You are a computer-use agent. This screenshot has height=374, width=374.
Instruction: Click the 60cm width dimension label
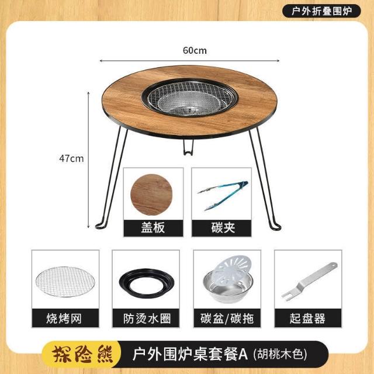(195, 50)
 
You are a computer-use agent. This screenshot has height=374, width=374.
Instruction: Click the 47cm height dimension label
(71, 158)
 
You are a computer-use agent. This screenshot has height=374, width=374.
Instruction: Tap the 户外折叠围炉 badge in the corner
(321, 11)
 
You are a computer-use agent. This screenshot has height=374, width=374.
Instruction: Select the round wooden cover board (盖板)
(151, 195)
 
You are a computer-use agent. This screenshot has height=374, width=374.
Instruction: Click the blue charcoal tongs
(223, 195)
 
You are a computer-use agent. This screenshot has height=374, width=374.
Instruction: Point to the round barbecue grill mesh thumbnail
(65, 282)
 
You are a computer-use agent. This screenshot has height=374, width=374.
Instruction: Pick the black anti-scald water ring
(147, 283)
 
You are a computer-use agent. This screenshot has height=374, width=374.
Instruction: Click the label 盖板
(153, 227)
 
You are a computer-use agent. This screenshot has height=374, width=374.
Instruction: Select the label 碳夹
(223, 227)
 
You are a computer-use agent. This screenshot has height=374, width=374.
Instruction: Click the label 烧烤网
(64, 318)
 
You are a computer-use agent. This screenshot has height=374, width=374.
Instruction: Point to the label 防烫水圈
(147, 318)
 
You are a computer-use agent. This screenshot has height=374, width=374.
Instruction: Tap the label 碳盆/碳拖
(227, 318)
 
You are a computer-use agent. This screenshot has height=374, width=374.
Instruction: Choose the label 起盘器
(307, 318)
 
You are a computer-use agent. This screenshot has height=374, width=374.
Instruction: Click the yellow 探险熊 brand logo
(82, 354)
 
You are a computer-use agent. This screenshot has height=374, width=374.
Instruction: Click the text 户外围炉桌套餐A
(191, 354)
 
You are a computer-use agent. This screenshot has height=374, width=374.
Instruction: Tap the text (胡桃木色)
(280, 355)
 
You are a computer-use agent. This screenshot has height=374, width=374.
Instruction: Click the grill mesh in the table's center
(189, 98)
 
